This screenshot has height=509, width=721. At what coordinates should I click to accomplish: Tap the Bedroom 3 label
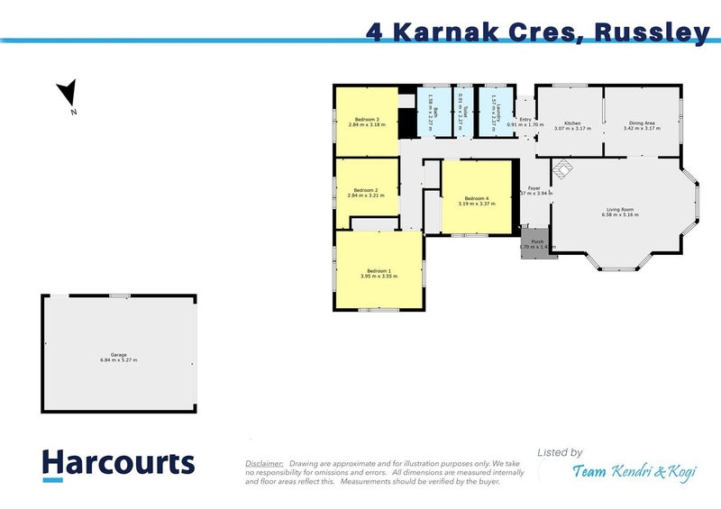[365, 120]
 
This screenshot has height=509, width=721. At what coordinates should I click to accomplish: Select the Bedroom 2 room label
[365, 190]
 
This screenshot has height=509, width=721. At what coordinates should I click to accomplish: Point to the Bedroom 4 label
[477, 198]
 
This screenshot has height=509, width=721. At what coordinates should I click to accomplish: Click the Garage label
[119, 355]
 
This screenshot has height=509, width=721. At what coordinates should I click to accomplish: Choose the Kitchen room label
[571, 123]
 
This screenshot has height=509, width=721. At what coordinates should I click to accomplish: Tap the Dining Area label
[642, 123]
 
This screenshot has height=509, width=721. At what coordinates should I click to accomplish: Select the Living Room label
[620, 210]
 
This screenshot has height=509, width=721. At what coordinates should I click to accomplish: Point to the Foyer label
[534, 188]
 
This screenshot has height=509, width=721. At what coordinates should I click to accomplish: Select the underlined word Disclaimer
[264, 462]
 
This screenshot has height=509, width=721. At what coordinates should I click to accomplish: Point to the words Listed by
[560, 452]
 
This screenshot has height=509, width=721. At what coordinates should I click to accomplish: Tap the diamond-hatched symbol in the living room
[563, 169]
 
